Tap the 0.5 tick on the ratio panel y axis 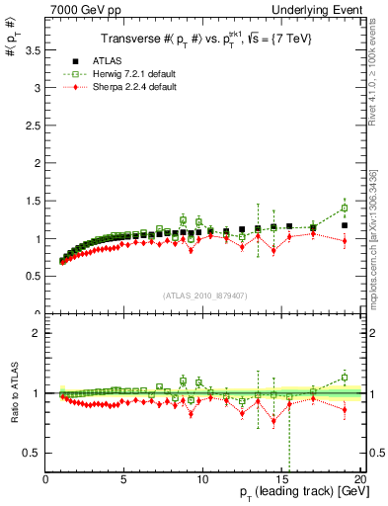pyautogui.click(x=33, y=453)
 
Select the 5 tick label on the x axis pyautogui.click(x=124, y=480)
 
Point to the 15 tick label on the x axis pyautogui.click(x=281, y=480)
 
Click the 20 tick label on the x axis pyautogui.click(x=358, y=480)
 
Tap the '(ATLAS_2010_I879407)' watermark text pyautogui.click(x=204, y=295)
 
